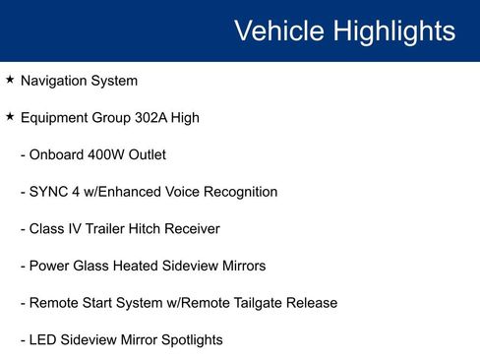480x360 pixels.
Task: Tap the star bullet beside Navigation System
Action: coord(10,80)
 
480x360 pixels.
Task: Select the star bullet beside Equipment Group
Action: coord(10,117)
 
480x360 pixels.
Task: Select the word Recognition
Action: coord(239,192)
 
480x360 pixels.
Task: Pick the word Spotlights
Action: coord(189,340)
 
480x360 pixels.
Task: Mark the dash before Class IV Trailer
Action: coord(23,229)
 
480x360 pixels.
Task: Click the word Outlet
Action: coord(146,154)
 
